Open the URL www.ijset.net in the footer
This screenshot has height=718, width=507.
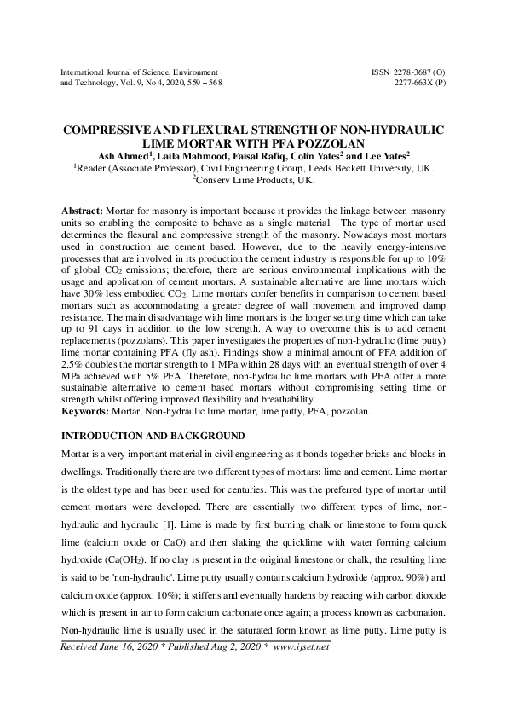click(x=302, y=647)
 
